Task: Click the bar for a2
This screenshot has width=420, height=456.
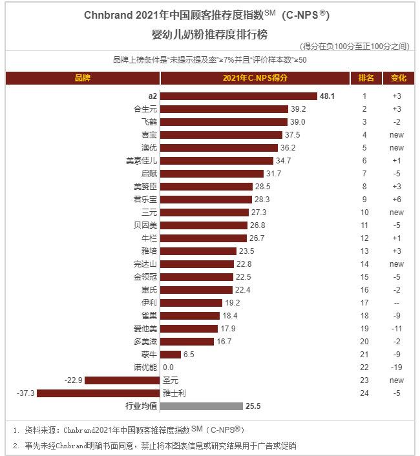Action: coord(238,96)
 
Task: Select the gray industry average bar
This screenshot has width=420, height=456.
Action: coord(201,406)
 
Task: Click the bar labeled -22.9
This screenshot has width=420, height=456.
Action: coord(122,380)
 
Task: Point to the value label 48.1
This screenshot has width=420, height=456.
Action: coord(326,96)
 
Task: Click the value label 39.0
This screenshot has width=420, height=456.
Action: coord(298,122)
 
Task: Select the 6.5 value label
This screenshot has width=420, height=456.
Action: coord(189,355)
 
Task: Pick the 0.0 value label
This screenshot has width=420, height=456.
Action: coord(169,368)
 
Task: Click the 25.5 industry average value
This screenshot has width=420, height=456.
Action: coord(253,406)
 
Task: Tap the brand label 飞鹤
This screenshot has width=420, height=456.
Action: coord(149,122)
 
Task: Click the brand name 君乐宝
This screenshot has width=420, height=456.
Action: coord(145,200)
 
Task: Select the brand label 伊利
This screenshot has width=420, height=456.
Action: coord(149,303)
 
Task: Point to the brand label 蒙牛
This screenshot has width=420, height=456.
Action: coord(149,355)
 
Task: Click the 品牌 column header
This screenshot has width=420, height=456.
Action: coord(83,78)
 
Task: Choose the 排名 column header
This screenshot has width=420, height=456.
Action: coord(366,78)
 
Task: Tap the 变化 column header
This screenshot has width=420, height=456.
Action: coord(398,78)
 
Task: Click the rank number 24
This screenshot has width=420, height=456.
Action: coord(364,393)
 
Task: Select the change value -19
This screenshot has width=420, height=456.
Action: coord(397,368)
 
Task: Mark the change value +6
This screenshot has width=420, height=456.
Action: coord(397,200)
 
